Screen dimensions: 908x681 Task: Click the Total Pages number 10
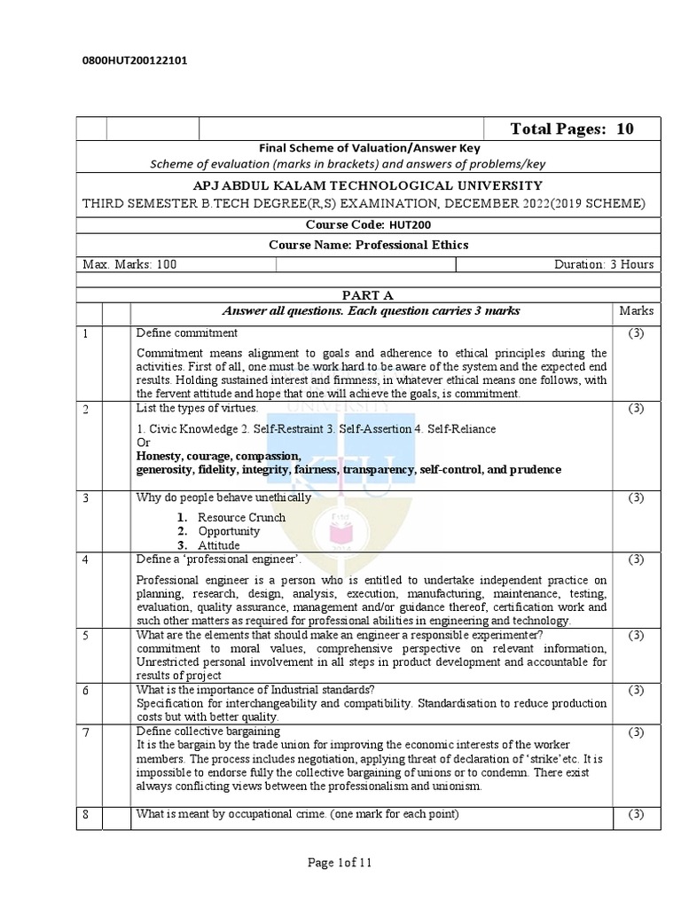pos(625,129)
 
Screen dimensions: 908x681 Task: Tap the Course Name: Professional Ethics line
pos(368,245)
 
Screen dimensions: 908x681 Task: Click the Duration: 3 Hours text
pos(604,264)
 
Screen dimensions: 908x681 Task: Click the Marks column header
pos(636,311)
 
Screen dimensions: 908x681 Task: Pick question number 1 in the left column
pos(87,333)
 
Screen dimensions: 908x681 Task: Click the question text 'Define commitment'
pos(186,333)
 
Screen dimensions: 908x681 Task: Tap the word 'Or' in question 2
pos(143,442)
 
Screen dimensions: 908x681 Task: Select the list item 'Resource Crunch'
pos(241,517)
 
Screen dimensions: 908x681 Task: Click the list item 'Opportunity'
pos(229,531)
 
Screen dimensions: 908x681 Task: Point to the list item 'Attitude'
pos(218,545)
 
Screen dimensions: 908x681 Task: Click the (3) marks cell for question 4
pos(636,560)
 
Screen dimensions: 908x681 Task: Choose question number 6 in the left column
pos(87,690)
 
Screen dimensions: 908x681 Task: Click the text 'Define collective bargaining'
pos(208,731)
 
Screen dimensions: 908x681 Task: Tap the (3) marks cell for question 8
pos(636,815)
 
